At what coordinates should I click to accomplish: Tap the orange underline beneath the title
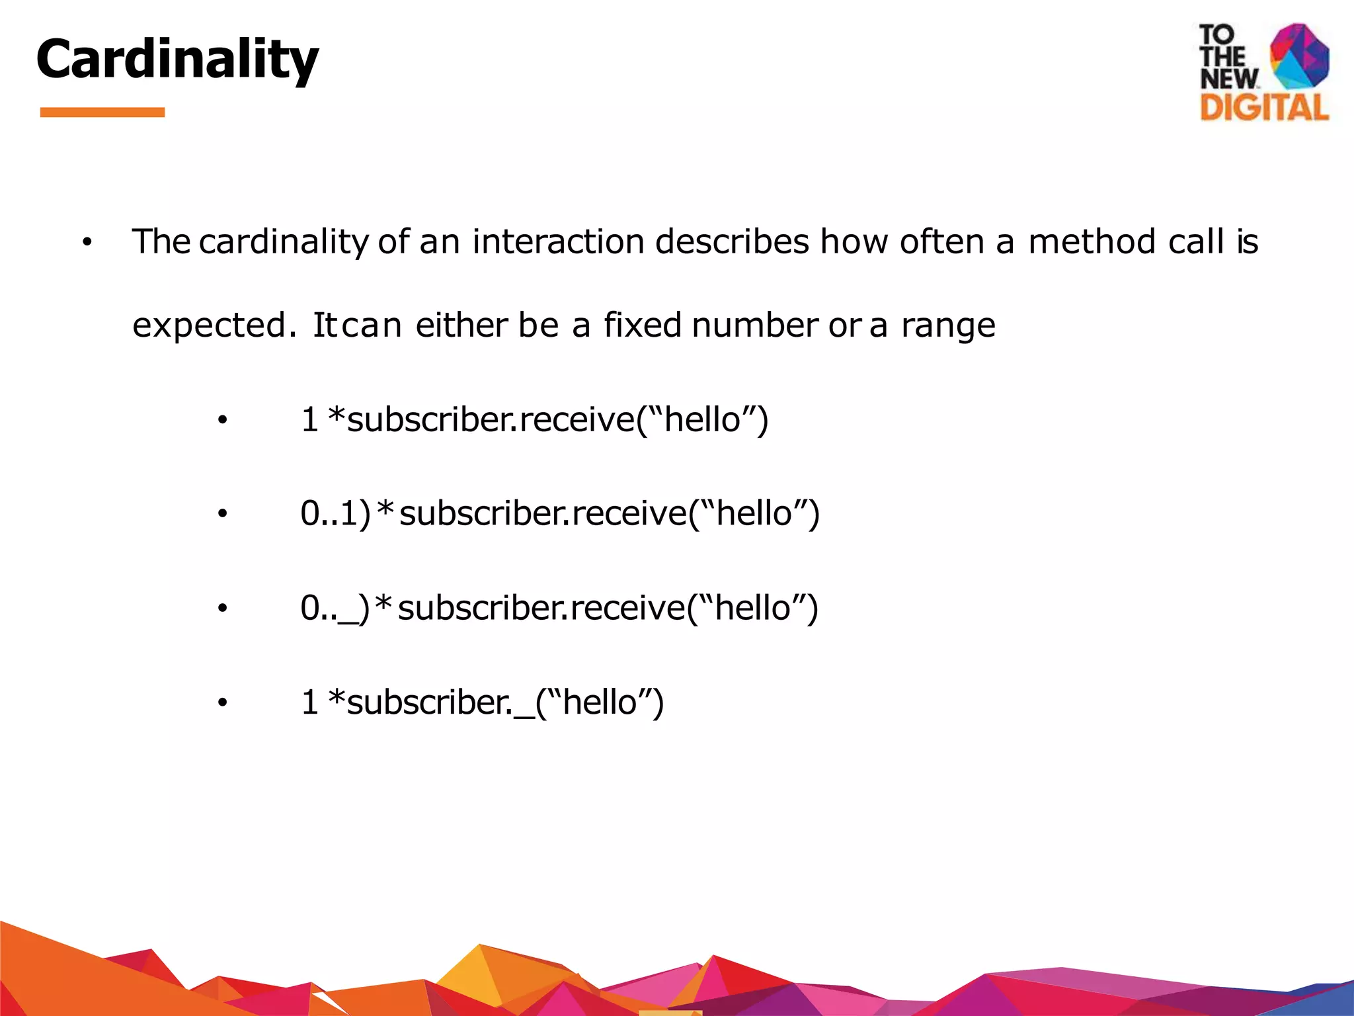tap(102, 112)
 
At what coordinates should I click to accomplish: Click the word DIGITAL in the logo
tap(1264, 107)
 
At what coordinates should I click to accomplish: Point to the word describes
tap(732, 241)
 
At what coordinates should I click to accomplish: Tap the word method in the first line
tap(1092, 241)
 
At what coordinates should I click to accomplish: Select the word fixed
tap(642, 325)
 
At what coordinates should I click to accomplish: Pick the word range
tap(948, 325)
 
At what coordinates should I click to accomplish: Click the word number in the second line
tap(755, 325)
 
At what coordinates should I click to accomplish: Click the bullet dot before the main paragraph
tap(87, 243)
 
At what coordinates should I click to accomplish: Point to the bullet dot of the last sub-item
tap(222, 703)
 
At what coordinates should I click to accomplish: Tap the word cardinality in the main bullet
tap(284, 241)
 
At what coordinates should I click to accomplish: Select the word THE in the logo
tap(1222, 57)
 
